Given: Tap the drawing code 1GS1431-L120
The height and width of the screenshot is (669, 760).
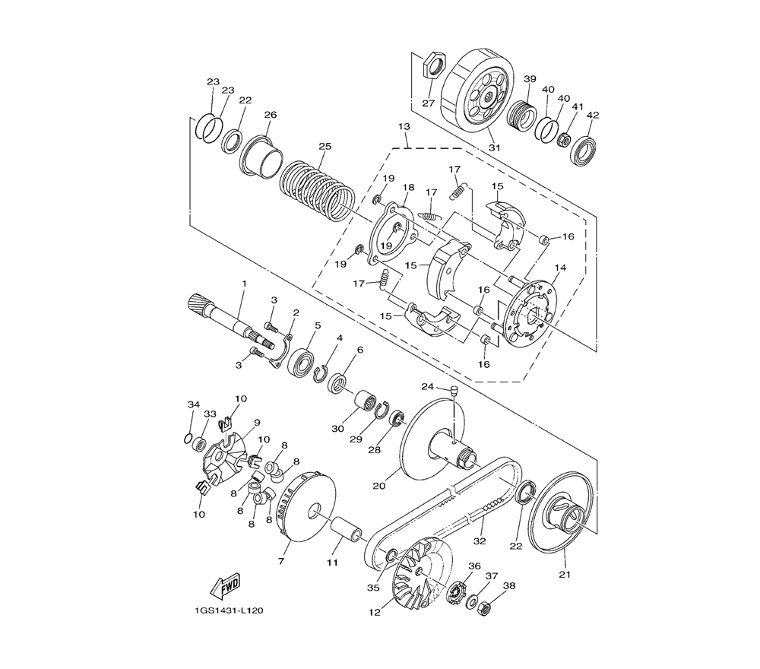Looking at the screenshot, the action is (226, 610).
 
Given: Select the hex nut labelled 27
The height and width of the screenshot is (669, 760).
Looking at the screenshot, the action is (432, 66).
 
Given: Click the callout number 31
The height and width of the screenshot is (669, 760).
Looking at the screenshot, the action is (494, 147).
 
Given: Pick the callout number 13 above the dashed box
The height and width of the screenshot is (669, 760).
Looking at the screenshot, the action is (404, 126).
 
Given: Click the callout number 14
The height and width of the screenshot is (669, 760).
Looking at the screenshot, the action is (560, 268).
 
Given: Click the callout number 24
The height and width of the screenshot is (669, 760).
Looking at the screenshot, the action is (427, 386).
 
